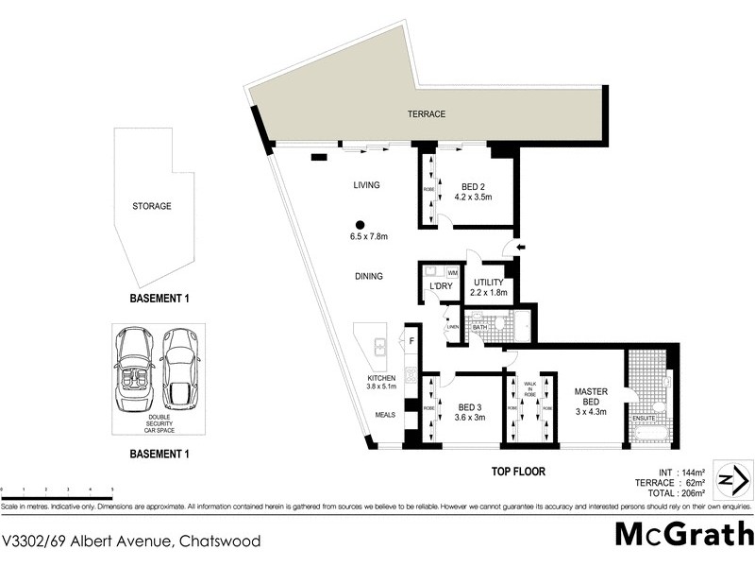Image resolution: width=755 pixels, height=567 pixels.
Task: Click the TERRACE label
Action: click(427, 114)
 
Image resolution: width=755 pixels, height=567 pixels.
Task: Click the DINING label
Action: click(369, 277)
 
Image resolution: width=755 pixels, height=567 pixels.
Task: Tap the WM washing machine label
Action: click(452, 274)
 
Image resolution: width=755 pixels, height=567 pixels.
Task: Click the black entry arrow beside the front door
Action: click(522, 248)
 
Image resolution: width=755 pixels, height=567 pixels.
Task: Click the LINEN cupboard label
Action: click(452, 327)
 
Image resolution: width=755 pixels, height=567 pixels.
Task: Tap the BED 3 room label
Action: click(469, 410)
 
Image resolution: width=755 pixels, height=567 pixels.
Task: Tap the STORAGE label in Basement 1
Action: click(152, 206)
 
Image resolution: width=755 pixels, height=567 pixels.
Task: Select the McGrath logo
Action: click(683, 534)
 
